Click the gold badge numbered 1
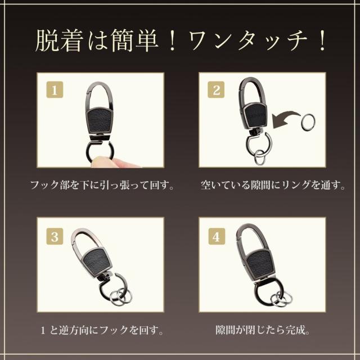(55, 90)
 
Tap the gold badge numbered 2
(216, 89)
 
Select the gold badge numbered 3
(55, 236)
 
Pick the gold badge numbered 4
(217, 236)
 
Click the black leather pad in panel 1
(99, 120)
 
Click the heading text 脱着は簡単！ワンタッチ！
(181, 40)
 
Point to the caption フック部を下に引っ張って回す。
(102, 185)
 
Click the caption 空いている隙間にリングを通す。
(273, 185)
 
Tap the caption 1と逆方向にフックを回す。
(102, 330)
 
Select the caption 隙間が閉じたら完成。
(263, 330)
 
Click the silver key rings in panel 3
(120, 296)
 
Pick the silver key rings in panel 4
(281, 299)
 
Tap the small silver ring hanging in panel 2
(260, 157)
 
